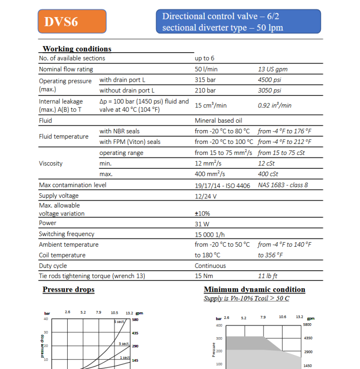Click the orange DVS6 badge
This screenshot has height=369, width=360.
pos(72,22)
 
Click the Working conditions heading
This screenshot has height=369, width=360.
pos(77,49)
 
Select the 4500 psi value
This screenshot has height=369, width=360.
pos(270,80)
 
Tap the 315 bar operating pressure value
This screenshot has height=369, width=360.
pos(205,80)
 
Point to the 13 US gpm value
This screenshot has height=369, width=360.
pos(273,70)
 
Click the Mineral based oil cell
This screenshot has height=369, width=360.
pos(218,121)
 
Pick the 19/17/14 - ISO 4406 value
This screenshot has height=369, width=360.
pos(222,185)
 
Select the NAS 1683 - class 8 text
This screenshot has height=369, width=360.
pos(283,185)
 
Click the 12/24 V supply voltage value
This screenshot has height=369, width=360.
pos(206,196)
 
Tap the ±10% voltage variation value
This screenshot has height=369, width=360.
pos(203,214)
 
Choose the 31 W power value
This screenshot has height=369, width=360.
pos(202,224)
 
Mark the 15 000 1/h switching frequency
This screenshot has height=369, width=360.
pos(209,234)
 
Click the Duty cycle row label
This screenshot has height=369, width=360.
pos(53,266)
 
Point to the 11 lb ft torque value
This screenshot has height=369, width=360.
pos(268,276)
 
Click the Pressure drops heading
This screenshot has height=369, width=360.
pos(69,290)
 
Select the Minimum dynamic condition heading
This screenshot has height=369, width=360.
pos(254,290)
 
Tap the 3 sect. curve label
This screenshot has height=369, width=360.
pos(124,344)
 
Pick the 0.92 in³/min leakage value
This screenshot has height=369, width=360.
pos(275,106)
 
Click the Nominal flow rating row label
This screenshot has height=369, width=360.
pos(66,70)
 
